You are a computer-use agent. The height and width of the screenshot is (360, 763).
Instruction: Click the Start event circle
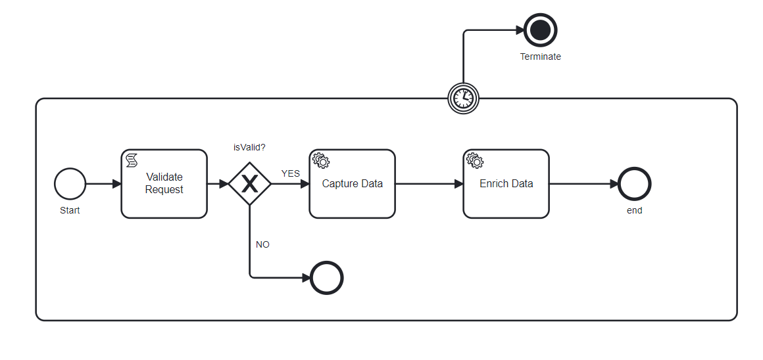pyautogui.click(x=70, y=183)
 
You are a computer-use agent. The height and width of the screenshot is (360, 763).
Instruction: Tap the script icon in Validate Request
pyautogui.click(x=132, y=160)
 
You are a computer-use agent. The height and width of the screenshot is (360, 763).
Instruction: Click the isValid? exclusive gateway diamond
pyautogui.click(x=250, y=183)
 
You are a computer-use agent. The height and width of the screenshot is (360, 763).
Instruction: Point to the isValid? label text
pyautogui.click(x=249, y=147)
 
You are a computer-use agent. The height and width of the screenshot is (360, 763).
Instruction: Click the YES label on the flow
pyautogui.click(x=291, y=173)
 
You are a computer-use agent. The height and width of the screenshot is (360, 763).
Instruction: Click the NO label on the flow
pyautogui.click(x=262, y=244)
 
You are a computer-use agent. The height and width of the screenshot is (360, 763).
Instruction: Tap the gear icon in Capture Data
pyautogui.click(x=320, y=160)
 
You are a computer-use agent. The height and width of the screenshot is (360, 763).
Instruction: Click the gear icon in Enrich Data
pyautogui.click(x=474, y=160)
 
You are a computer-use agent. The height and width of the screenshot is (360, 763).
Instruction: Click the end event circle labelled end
pyautogui.click(x=635, y=183)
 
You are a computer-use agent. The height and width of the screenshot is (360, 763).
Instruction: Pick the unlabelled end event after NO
pyautogui.click(x=327, y=278)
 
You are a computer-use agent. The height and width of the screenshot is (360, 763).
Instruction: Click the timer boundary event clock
pyautogui.click(x=463, y=99)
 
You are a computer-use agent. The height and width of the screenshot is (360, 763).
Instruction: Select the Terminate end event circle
pyautogui.click(x=541, y=30)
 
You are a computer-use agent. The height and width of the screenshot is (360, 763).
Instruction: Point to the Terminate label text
pyautogui.click(x=541, y=56)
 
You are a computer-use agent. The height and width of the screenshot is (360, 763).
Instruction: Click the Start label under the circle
pyautogui.click(x=70, y=210)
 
